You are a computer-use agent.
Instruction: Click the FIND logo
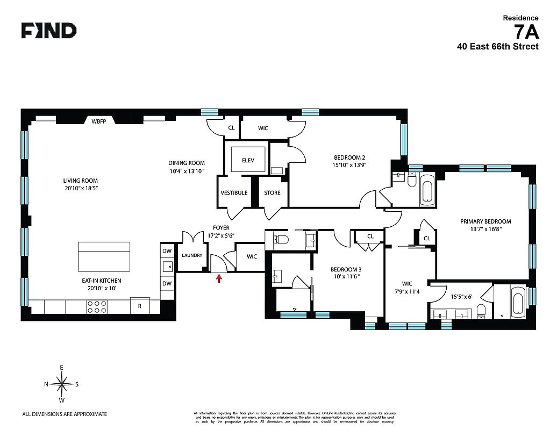48,31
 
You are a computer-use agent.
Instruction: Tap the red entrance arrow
219,277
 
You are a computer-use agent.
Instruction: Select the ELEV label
248,160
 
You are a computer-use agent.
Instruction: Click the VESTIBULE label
234,192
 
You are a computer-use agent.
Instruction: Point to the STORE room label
272,192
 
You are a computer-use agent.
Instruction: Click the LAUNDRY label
192,255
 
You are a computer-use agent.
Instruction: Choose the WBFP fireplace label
99,121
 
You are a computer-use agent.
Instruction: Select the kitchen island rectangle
104,256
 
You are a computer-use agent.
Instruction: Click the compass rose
62,384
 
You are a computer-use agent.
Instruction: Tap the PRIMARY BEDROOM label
485,221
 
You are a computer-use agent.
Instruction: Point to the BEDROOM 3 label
346,269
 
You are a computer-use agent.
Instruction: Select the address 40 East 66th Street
497,47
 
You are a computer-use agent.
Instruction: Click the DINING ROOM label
187,163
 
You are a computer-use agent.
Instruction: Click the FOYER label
220,228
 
